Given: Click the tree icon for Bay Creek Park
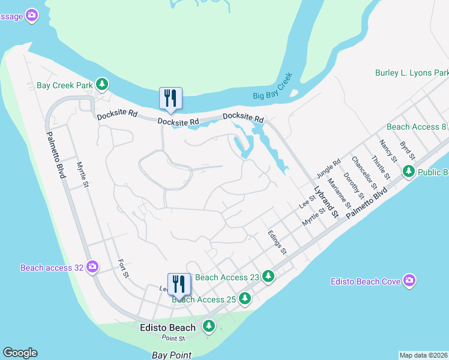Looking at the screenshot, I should click(103, 85).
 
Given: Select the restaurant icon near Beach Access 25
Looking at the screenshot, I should click(179, 284).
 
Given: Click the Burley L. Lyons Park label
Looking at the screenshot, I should click(412, 73).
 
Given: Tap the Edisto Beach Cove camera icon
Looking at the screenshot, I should click(409, 281).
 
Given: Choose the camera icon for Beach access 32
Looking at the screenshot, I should click(92, 266).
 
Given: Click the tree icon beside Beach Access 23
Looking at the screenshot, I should click(269, 277).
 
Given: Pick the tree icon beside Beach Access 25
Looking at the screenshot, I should click(244, 298).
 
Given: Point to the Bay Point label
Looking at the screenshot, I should click(172, 355).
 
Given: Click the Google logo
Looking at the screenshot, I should click(20, 353).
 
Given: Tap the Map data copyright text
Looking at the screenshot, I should click(424, 355).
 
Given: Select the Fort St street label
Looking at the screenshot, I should click(124, 268).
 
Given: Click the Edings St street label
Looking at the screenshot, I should click(277, 243).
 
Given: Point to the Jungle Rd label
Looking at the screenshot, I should click(328, 168).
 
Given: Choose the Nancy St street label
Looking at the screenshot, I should click(388, 151).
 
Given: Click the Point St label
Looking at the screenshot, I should click(172, 339).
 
